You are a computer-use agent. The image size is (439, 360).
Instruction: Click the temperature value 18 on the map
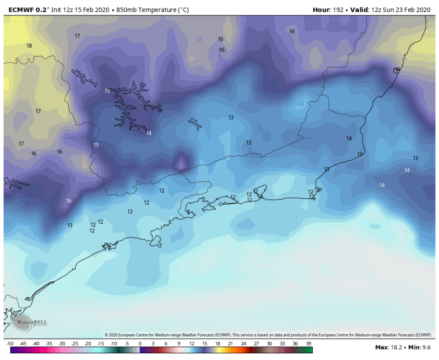tap(29, 46)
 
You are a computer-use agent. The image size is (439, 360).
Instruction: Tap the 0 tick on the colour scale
tap(140, 344)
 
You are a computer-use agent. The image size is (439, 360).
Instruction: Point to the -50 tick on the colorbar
tap(10, 344)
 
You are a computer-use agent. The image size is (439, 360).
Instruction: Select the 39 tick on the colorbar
tap(308, 344)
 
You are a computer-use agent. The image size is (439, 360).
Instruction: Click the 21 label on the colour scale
tap(231, 344)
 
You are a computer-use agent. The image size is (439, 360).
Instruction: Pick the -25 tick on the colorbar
tap(75, 344)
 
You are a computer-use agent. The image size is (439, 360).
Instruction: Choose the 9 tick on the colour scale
tap(179, 344)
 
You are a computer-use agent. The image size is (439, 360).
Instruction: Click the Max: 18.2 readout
tap(389, 347)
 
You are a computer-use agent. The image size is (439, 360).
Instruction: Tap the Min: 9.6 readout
tap(420, 347)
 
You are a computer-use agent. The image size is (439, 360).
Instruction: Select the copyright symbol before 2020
tap(106, 335)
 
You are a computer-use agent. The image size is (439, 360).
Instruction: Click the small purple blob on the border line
tap(181, 162)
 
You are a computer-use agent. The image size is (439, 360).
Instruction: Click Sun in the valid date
tap(391, 10)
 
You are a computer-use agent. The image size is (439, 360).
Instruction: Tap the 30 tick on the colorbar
tap(269, 344)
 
